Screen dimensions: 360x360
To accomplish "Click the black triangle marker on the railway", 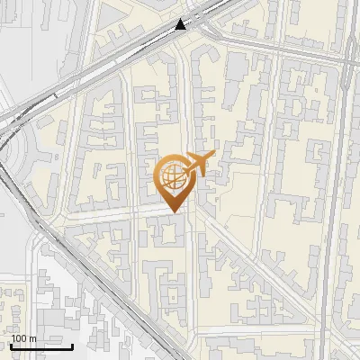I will (182, 24).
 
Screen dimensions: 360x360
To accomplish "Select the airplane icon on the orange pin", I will (197, 165).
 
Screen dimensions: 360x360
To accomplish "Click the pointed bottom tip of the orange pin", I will (175, 212).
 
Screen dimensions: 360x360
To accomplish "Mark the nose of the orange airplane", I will (212, 157).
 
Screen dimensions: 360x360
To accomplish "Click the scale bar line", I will (41, 346).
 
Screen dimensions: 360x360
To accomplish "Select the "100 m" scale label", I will (23, 338).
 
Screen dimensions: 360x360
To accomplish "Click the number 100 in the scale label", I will (19, 338).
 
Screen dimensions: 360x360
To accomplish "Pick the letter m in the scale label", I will (32, 338).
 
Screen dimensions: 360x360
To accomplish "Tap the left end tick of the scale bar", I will (11, 345).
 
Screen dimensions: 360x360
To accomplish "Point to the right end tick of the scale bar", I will (73, 345).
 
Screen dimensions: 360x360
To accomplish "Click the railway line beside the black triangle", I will (153, 40).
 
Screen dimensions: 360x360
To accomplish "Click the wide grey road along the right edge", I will (334, 225).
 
